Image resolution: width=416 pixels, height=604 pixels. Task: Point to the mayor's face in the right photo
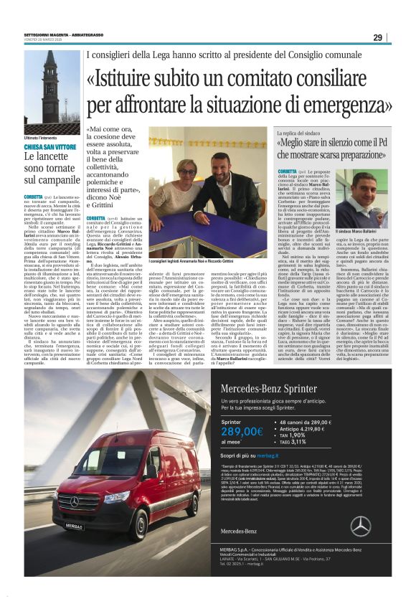coord(365,188)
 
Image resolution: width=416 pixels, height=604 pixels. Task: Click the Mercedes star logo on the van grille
coord(74,501)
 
